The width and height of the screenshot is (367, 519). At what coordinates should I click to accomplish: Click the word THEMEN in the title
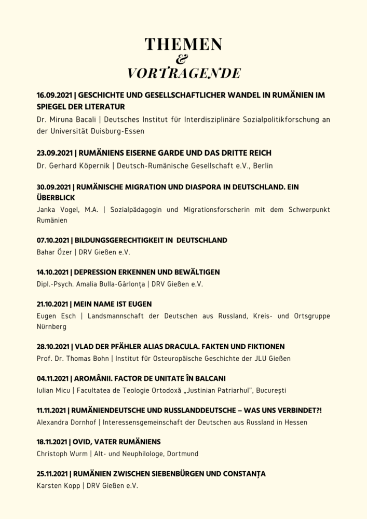point(183,45)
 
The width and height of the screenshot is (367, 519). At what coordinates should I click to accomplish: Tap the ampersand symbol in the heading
point(183,59)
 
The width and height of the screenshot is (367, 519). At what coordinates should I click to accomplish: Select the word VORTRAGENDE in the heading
point(184,73)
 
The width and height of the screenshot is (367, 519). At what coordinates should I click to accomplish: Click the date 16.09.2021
point(55,95)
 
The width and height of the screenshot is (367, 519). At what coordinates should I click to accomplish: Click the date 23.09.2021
point(55,153)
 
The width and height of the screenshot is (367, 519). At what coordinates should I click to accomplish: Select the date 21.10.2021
point(54,304)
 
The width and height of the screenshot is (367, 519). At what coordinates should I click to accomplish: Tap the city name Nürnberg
point(52,327)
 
